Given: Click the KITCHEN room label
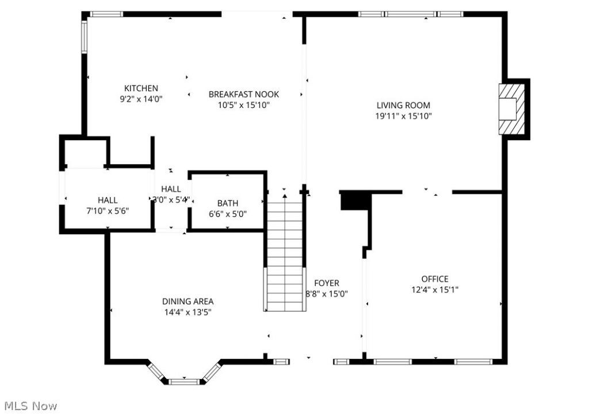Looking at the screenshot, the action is click(x=141, y=88).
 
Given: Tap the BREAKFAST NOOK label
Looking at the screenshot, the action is click(x=244, y=94).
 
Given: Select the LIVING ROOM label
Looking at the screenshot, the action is click(x=403, y=106).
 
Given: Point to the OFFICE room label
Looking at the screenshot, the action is click(x=435, y=279).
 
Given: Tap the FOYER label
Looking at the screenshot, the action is click(x=327, y=283).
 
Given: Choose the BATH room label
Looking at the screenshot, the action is click(x=228, y=203).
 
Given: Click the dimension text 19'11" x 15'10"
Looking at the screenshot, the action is click(x=403, y=116).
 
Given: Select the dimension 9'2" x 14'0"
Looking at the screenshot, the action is click(x=141, y=99).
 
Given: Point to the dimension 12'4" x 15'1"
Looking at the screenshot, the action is click(x=435, y=290).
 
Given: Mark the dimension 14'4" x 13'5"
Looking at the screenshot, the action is click(x=188, y=312).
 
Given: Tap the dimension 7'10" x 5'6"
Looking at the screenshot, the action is click(x=108, y=211).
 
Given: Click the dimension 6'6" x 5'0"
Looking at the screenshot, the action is click(x=228, y=214).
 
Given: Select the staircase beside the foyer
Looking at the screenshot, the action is click(x=285, y=252).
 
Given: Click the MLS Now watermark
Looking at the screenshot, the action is click(x=31, y=406).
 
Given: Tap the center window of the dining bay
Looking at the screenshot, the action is click(x=183, y=382).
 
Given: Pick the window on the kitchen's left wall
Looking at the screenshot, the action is click(x=85, y=36).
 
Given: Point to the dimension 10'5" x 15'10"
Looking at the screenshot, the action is click(x=244, y=105).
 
